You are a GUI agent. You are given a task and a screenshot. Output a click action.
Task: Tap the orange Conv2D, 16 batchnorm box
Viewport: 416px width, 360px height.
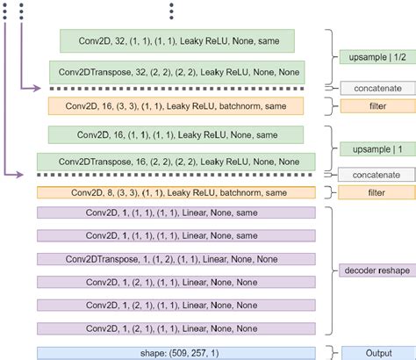click(x=176, y=106)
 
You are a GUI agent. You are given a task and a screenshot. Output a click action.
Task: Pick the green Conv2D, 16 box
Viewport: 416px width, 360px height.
click(x=176, y=135)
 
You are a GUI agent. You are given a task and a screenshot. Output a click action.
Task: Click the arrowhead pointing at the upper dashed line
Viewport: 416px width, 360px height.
click(x=37, y=89)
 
